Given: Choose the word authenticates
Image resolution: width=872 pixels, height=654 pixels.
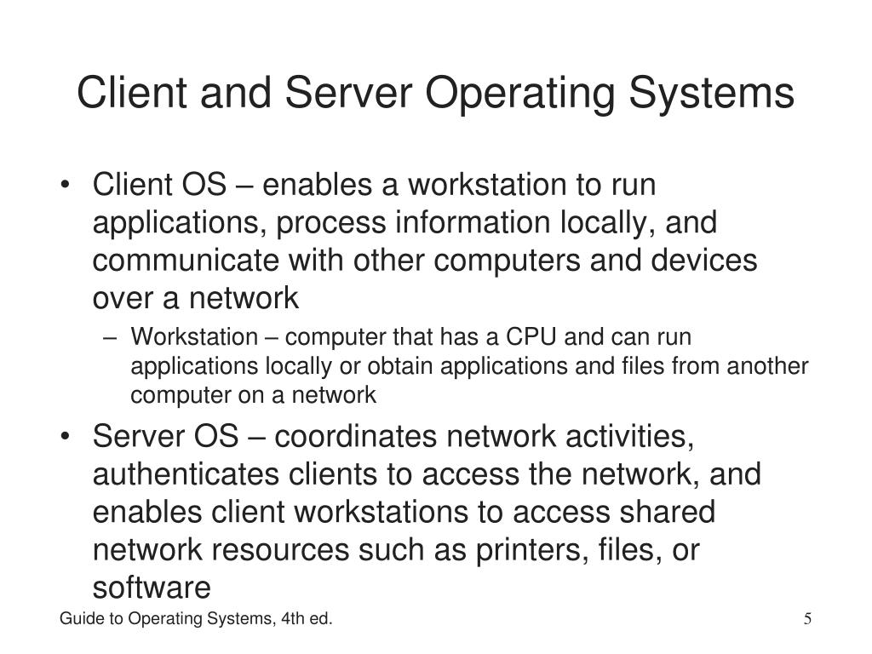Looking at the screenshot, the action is point(176,474).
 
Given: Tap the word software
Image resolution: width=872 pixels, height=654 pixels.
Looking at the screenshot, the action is point(151,588).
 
